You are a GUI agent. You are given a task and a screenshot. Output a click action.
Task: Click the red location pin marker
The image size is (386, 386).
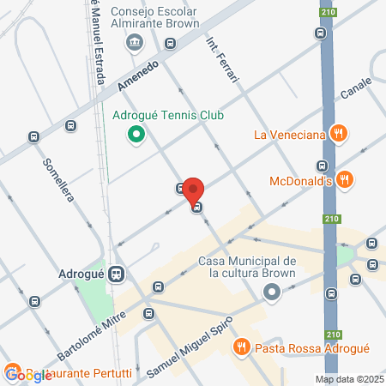pos(194,190)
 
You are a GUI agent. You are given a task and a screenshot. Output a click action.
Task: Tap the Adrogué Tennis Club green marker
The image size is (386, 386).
pos(135,134)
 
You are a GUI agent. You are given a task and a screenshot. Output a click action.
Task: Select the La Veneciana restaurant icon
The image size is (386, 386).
pos(340,133)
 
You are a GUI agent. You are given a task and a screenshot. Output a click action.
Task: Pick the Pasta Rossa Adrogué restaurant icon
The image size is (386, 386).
pos(241,347)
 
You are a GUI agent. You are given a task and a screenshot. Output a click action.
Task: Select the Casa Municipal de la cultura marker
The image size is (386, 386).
pos(272,293)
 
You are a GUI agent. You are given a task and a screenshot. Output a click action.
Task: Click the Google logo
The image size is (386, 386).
pos(28,374)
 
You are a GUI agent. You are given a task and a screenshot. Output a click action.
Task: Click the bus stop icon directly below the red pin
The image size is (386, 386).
pos(197,207)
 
